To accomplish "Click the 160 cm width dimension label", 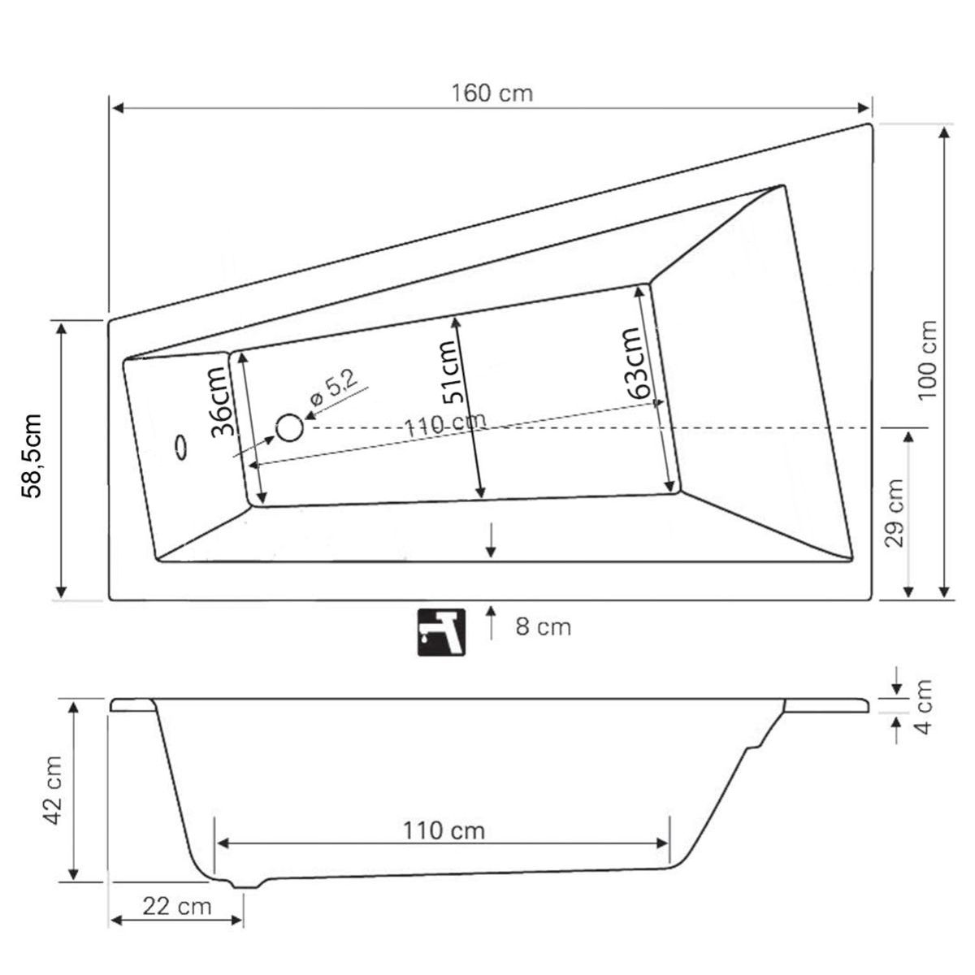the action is pos(492,93).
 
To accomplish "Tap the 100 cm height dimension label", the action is pos(928,360).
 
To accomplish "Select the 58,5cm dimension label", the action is pos(32,456).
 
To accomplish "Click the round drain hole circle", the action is pos(289,427).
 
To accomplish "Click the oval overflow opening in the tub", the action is pos(180,447).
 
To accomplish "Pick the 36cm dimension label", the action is pos(223,401).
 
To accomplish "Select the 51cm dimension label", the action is pos(451,372).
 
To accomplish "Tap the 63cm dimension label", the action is pos(635,362).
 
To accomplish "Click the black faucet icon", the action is pos(441,632).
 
